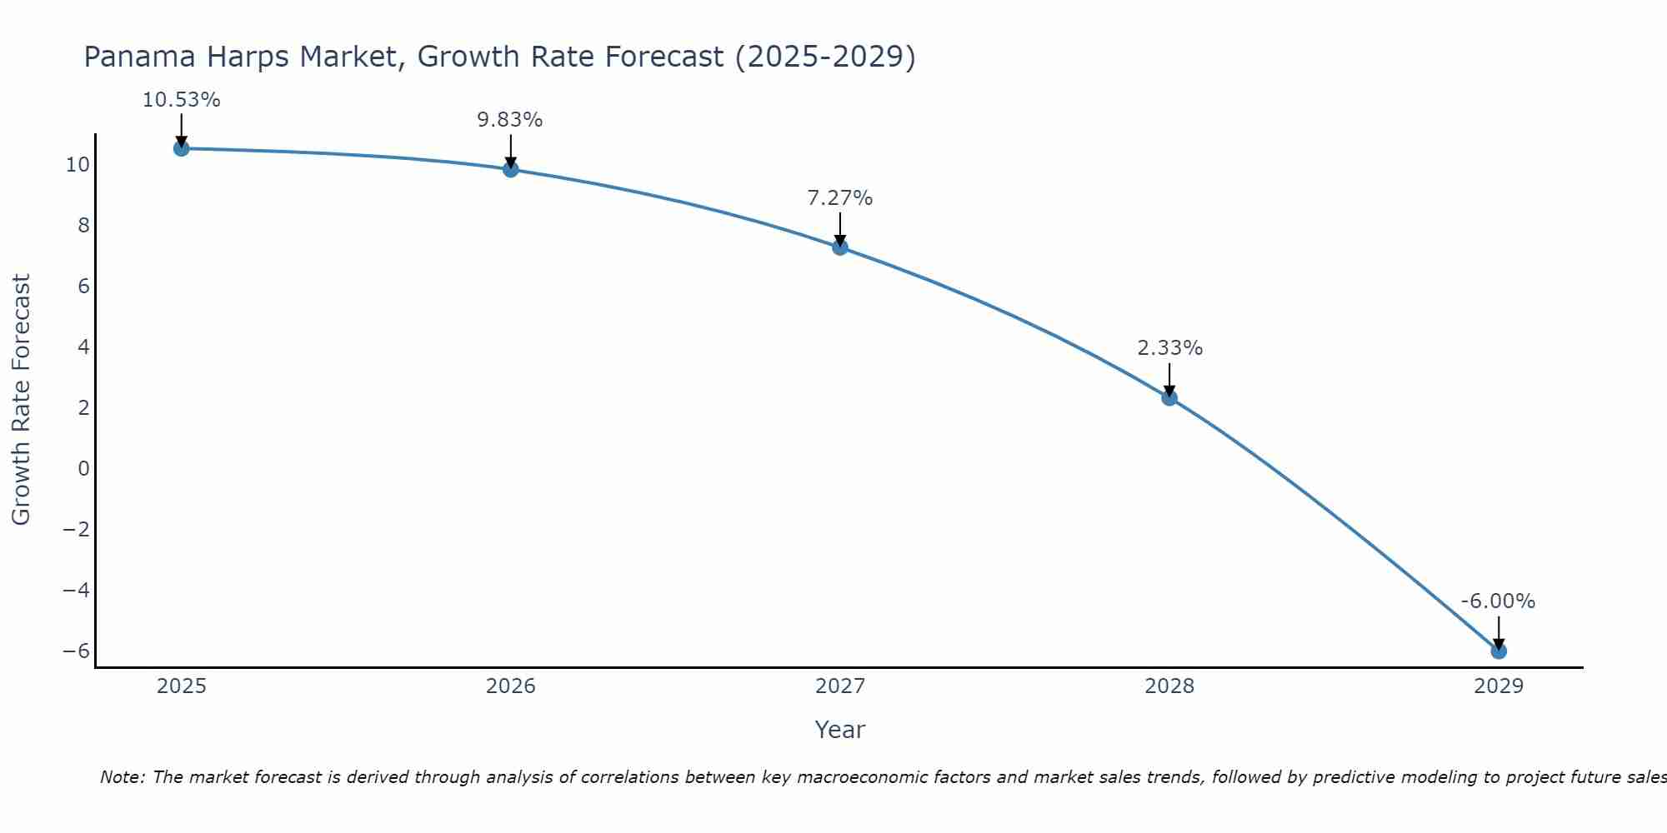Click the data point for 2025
tap(181, 148)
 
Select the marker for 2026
tap(511, 169)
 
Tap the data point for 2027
tap(840, 247)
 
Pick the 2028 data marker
tap(1169, 397)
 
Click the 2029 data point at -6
tap(1499, 651)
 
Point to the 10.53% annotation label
tap(181, 100)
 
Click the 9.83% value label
tap(510, 120)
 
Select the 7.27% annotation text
tap(839, 198)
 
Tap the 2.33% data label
tap(1169, 348)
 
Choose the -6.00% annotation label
tap(1498, 601)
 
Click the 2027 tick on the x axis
tap(840, 686)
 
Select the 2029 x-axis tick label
tap(1499, 686)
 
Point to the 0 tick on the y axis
tap(83, 468)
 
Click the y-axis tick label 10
tap(78, 164)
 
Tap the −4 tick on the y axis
tap(77, 590)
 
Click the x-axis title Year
tap(840, 730)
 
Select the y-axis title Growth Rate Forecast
tap(21, 400)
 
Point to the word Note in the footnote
tap(122, 777)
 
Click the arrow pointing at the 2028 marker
tap(1169, 379)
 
